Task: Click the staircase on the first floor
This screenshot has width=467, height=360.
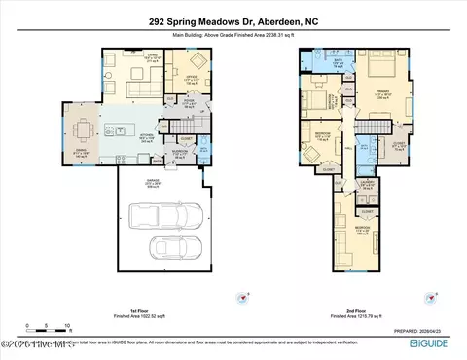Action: pyautogui.click(x=184, y=126)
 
